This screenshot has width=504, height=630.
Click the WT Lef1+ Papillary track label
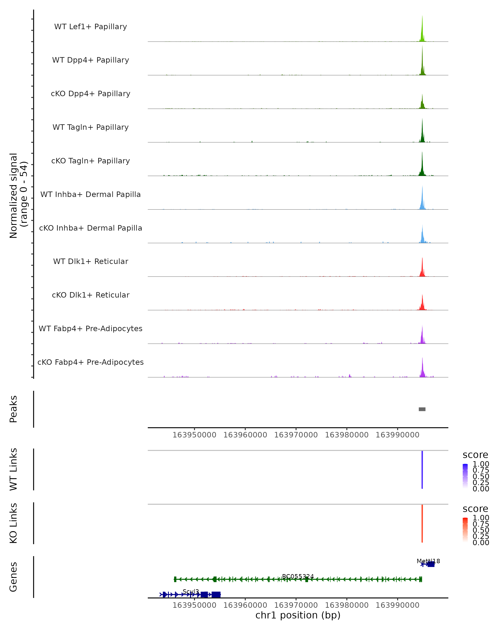[91, 27]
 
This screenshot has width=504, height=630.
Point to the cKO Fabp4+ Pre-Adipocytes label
[91, 362]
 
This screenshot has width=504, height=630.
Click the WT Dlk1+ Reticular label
[91, 261]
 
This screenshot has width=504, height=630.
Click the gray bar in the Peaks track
[422, 409]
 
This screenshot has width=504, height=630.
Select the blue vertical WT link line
[422, 470]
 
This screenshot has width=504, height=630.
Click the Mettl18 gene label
[428, 561]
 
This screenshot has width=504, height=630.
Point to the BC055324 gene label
[298, 576]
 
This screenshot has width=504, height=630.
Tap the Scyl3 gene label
[190, 592]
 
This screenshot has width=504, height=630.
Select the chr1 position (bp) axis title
[298, 615]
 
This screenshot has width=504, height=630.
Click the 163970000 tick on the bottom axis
[296, 605]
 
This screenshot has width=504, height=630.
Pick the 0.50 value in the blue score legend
[481, 476]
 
